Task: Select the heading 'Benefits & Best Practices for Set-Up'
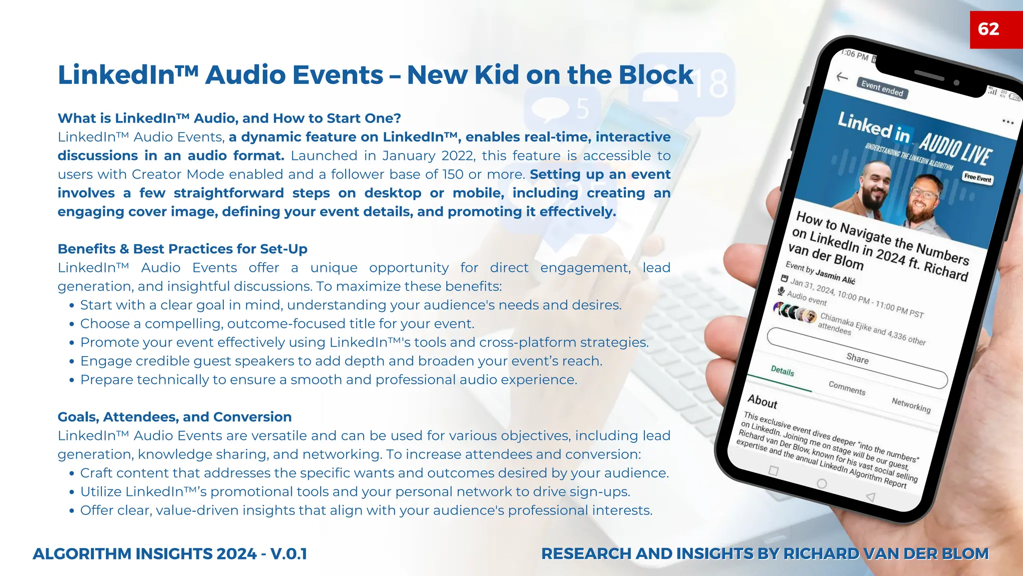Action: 182,249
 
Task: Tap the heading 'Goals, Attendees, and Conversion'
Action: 174,417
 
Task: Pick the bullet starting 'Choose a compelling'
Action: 277,324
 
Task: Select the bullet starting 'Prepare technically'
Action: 328,380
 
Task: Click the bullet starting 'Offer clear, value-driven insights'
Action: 366,510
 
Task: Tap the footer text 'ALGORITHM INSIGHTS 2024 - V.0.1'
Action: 170,554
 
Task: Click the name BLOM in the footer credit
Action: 965,554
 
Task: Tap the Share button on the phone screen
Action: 857,358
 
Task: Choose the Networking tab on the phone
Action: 911,405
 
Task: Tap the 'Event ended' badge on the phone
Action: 882,88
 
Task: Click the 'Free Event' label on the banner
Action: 978,178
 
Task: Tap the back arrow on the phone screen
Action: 842,77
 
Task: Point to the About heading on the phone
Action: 762,401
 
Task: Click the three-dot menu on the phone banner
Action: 1008,122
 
